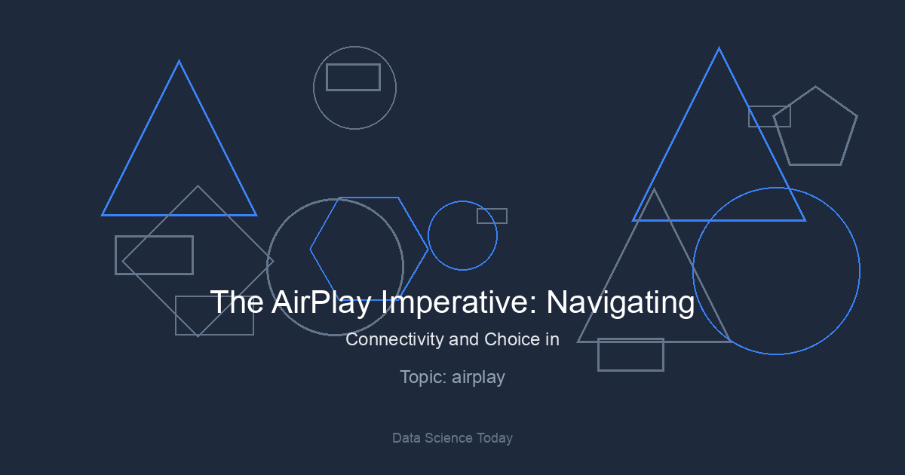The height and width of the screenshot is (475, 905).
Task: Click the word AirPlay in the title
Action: [321, 302]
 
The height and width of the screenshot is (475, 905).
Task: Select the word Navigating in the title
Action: [621, 302]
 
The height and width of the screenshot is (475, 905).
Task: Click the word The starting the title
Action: [237, 302]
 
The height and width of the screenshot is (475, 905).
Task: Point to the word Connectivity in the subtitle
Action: [394, 340]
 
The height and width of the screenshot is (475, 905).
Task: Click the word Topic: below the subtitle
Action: [423, 378]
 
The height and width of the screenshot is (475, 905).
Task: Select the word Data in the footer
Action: [406, 438]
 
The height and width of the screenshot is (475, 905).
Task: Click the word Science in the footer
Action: [449, 438]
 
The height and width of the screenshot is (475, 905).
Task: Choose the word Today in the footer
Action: [495, 438]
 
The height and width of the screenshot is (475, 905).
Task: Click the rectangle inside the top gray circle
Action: [354, 64]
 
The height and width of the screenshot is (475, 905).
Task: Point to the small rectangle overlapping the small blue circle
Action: [492, 209]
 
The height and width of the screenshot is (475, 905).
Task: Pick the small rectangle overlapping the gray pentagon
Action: [769, 106]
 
